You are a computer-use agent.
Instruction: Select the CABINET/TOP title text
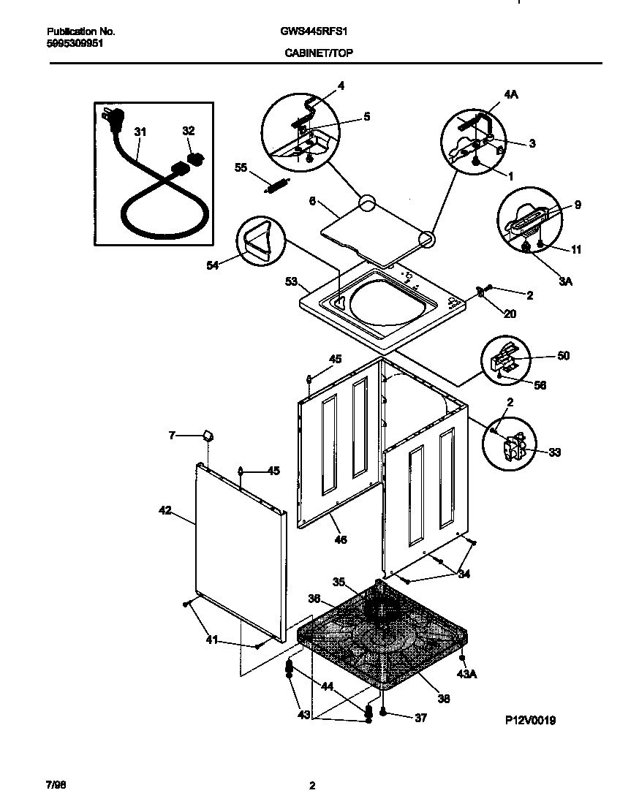click(x=311, y=53)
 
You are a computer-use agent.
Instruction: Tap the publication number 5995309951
click(x=75, y=43)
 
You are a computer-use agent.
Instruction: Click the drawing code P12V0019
click(x=530, y=720)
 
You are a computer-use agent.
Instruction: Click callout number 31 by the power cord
click(x=140, y=132)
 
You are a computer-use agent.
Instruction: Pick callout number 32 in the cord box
click(x=189, y=131)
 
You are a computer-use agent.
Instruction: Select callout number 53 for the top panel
click(x=291, y=281)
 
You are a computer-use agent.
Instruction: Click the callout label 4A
click(x=510, y=94)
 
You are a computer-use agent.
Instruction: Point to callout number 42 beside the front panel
click(x=165, y=510)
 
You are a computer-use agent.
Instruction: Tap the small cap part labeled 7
click(x=207, y=436)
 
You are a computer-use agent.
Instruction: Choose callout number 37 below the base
click(x=420, y=718)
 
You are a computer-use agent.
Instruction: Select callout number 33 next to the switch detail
click(x=554, y=452)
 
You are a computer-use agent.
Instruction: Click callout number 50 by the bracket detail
click(x=563, y=356)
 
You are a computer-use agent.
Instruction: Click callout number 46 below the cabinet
click(x=340, y=540)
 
